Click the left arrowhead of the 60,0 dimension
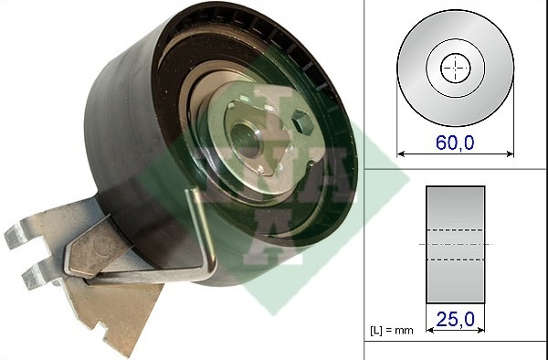(x=400, y=151)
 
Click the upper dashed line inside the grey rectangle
(x=455, y=228)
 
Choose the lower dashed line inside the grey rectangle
(x=455, y=259)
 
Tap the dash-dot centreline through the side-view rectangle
(x=455, y=244)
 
